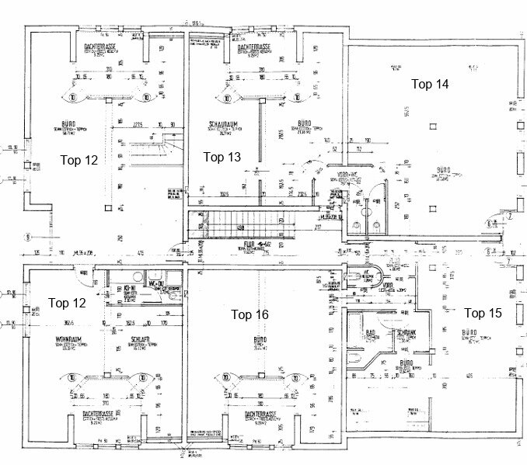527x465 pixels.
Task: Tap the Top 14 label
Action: click(x=430, y=83)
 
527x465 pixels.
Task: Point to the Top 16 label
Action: click(x=250, y=314)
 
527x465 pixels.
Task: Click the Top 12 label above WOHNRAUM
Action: click(x=66, y=302)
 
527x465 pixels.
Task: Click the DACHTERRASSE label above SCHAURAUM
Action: click(x=255, y=47)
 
